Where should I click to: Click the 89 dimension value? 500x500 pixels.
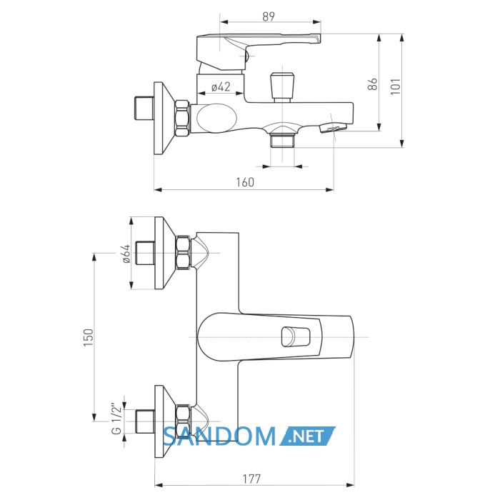point(269,16)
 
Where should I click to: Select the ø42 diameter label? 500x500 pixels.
point(221,86)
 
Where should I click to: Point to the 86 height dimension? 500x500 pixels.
point(373,84)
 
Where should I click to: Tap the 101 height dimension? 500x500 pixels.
point(396,86)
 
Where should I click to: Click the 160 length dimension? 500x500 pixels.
point(245,182)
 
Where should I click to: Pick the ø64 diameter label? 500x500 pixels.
point(126,254)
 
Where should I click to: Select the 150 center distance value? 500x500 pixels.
point(89,337)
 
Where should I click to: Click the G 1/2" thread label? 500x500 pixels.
point(116,420)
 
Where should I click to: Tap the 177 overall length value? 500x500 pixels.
point(252,479)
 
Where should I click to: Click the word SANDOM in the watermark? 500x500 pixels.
point(219,436)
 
